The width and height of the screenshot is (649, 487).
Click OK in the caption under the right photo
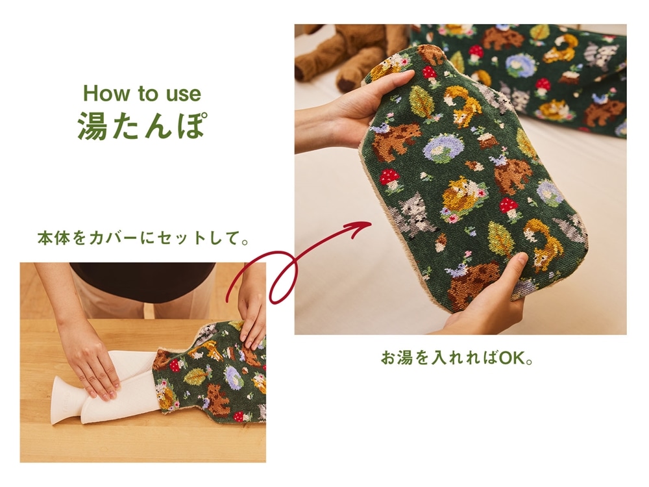(x=511, y=358)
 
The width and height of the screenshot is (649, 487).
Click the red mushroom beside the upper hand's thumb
(x=429, y=73)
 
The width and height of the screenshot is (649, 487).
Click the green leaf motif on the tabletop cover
(x=195, y=376)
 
